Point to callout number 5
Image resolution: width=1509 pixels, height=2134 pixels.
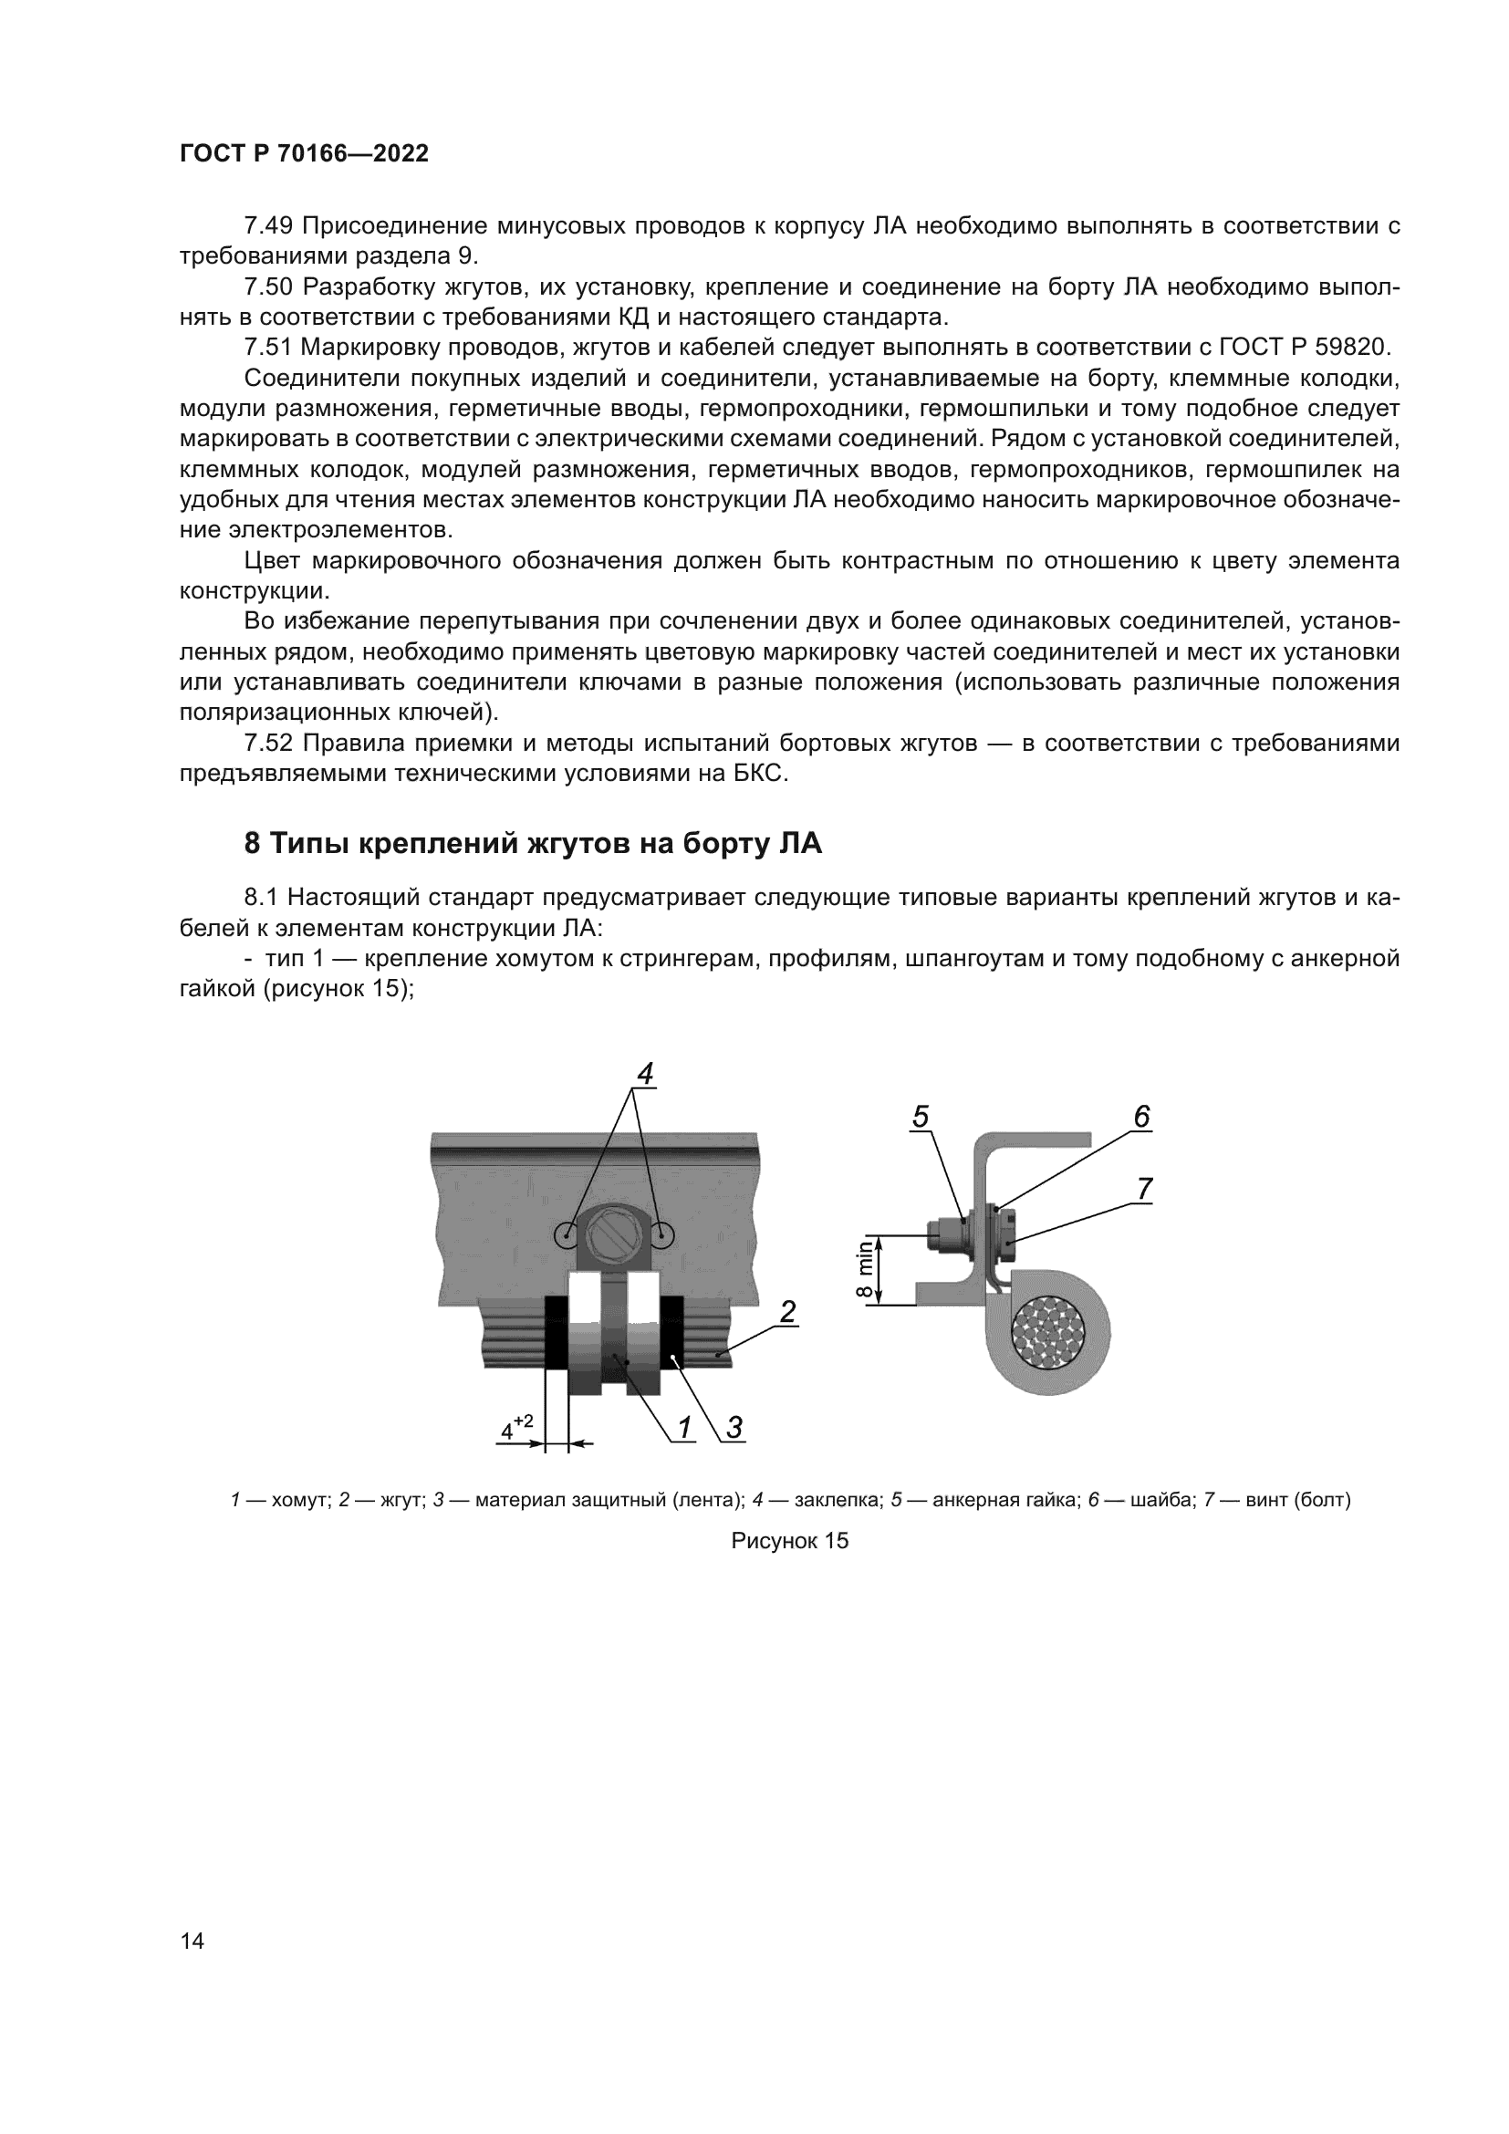920,1116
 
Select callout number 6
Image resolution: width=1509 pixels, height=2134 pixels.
1142,1116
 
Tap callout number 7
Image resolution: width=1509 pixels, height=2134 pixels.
1145,1189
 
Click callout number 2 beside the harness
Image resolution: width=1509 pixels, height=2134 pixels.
788,1311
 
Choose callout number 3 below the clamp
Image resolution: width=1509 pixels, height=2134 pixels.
734,1426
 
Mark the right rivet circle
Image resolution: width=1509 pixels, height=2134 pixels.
661,1235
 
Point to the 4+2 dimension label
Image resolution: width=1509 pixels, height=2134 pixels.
516,1428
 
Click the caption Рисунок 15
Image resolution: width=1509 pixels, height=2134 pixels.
790,1541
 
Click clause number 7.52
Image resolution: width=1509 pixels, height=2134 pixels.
267,744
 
